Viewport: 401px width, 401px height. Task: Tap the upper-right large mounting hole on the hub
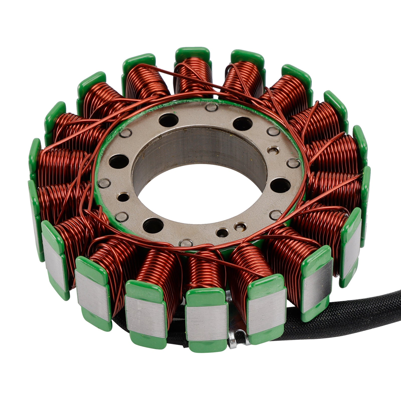point(242,124)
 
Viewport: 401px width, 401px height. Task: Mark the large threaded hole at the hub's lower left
point(153,224)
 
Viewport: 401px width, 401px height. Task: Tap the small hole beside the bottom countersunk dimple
point(222,233)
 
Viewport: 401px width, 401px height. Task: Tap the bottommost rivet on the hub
point(186,243)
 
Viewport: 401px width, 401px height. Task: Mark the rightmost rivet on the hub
point(293,163)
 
